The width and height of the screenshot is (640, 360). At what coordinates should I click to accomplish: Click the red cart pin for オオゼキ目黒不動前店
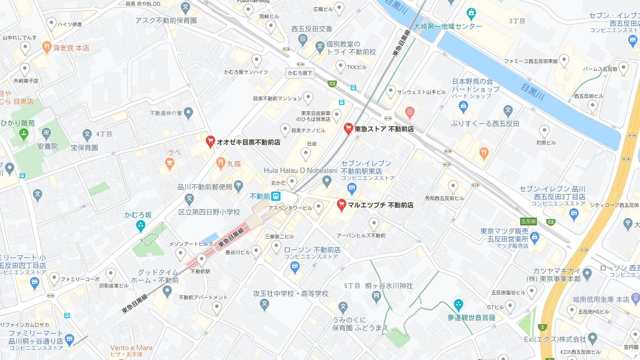click(210, 141)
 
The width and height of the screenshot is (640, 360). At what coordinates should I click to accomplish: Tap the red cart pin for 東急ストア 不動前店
click(348, 129)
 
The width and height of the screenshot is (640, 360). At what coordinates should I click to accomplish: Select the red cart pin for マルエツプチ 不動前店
click(342, 205)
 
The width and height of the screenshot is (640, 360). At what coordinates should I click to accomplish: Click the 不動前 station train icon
click(276, 196)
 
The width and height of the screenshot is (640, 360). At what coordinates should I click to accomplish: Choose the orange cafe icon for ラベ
click(170, 164)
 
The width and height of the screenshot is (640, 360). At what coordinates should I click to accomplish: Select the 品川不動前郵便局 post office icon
click(238, 186)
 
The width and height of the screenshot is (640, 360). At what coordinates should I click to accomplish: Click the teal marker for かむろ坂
click(141, 226)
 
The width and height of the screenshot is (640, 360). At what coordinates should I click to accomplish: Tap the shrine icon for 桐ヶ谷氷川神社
click(376, 295)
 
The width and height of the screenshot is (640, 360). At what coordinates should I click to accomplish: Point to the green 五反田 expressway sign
click(529, 222)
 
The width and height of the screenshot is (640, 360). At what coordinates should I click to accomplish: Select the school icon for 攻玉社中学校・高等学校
click(264, 305)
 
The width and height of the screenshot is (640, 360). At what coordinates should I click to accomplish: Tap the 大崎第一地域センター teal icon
click(472, 13)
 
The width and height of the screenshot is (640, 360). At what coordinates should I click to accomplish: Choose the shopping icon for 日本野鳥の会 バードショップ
click(463, 105)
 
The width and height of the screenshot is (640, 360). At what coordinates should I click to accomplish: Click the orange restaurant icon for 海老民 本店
click(47, 48)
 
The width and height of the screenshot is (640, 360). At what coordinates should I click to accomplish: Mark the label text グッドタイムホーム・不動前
click(158, 276)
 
